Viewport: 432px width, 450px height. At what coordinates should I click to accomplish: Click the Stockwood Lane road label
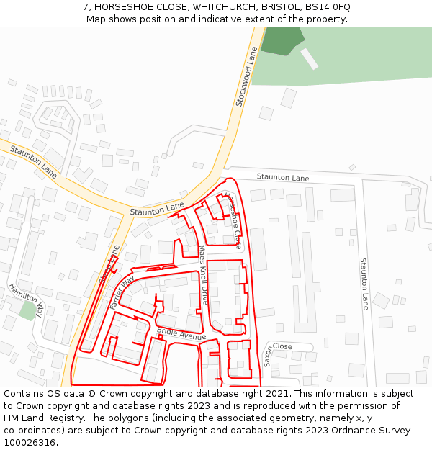pos(247,77)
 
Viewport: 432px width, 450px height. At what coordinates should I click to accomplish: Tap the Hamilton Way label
pos(27,299)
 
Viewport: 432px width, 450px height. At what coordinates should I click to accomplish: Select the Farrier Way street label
pos(122,292)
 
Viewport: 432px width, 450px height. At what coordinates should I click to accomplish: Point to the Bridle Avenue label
pos(181,334)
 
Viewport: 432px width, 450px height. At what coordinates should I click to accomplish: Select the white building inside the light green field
pos(309,59)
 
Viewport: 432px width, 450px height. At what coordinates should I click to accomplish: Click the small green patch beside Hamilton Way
pos(28,311)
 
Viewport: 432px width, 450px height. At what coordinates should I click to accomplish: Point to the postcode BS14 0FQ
pos(328,6)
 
